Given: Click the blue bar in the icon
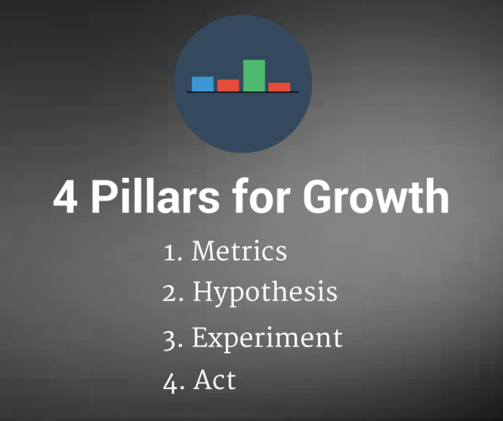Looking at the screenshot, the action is click(202, 84).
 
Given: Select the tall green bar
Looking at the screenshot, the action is click(254, 75).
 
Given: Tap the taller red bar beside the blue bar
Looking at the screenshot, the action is click(228, 86).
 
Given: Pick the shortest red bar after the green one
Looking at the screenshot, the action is click(279, 87).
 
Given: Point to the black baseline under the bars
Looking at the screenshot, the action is click(243, 92).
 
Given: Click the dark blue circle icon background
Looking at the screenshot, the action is click(243, 122).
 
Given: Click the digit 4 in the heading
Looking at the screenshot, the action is click(65, 196).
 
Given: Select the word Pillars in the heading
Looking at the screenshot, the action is click(155, 195).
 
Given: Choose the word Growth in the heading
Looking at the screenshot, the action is click(376, 195).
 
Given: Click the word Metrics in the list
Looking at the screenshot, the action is click(239, 251).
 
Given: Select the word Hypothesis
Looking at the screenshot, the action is click(265, 293).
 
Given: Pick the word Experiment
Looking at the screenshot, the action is click(267, 339).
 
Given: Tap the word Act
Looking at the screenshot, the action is click(215, 380).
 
